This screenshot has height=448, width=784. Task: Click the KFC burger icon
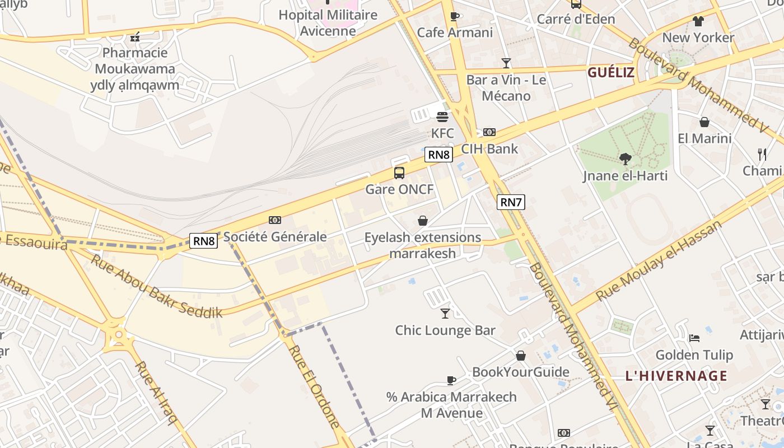click(x=442, y=117)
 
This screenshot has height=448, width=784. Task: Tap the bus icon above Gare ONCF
click(x=399, y=173)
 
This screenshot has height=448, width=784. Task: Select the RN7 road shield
click(x=511, y=202)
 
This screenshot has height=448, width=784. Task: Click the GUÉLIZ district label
click(x=611, y=72)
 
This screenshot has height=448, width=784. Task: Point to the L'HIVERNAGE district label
click(x=676, y=376)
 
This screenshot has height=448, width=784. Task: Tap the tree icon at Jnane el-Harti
click(x=625, y=159)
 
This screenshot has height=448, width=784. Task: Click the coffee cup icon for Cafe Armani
click(x=455, y=17)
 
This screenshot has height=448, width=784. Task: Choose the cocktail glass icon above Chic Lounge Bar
click(x=445, y=313)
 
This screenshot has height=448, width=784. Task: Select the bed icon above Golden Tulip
click(x=694, y=338)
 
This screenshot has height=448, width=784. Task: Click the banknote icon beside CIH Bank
click(x=489, y=132)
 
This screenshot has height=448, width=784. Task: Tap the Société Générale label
click(x=275, y=237)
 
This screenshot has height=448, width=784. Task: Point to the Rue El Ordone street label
click(x=314, y=386)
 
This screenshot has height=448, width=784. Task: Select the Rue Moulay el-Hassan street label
click(x=659, y=261)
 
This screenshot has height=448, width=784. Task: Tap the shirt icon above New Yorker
click(x=698, y=21)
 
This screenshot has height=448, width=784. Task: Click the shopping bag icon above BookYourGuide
click(x=521, y=356)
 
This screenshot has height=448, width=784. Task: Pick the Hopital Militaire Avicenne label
click(x=328, y=22)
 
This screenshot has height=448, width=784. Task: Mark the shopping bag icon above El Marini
click(x=704, y=122)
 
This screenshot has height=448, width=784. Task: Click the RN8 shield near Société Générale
click(x=203, y=241)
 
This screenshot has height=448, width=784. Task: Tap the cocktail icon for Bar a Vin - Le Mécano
click(x=506, y=63)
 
